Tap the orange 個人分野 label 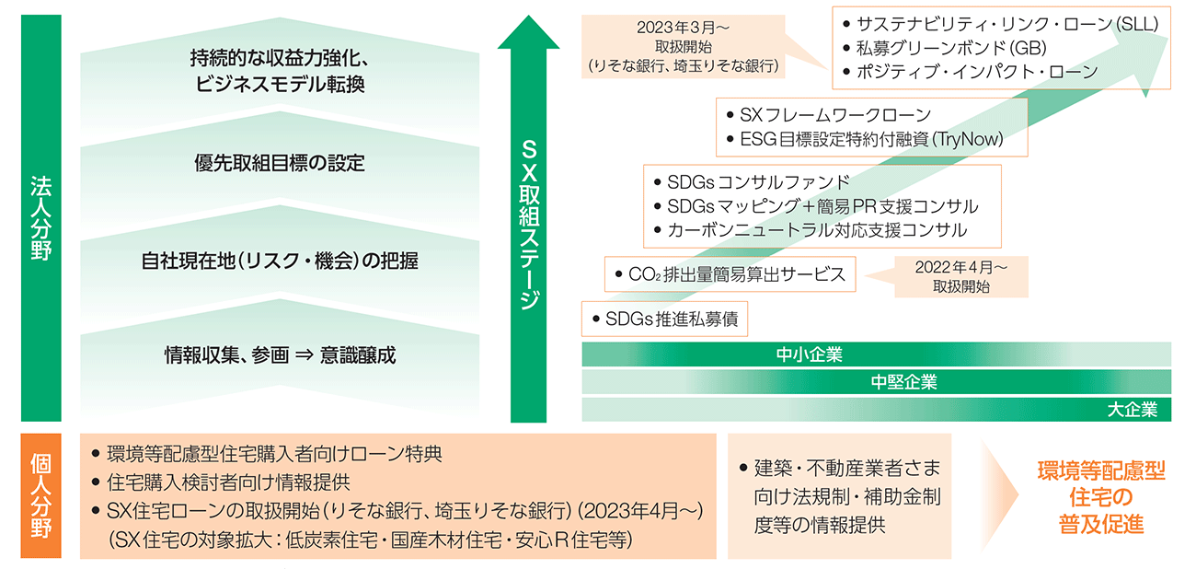tap(40, 494)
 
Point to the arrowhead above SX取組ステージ tap(528, 33)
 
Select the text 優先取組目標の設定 tap(280, 164)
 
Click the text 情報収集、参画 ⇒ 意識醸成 tap(280, 354)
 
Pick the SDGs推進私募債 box tap(665, 319)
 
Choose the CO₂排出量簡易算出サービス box tap(730, 273)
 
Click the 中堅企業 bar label tap(903, 382)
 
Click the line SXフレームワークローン tap(835, 115)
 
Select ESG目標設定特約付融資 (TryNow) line tap(870, 140)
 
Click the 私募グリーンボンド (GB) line tap(953, 48)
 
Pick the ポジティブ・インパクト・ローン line tap(970, 72)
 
